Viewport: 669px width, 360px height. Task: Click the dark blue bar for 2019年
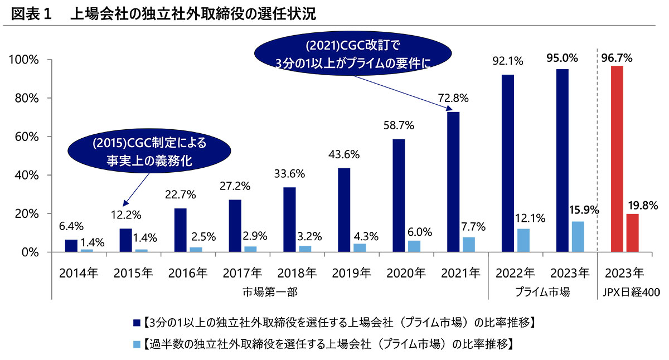coord(344,210)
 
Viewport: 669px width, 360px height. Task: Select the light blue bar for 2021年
coord(469,245)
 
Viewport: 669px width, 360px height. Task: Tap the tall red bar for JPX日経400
coord(617,159)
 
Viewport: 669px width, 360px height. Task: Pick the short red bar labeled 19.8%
coord(632,233)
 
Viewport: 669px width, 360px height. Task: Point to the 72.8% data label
coord(454,98)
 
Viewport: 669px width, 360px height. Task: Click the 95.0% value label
coord(563,58)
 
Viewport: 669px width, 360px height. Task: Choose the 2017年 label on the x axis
coord(242,273)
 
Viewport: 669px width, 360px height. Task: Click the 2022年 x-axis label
coord(515,273)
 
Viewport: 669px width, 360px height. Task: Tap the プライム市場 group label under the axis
coord(542,292)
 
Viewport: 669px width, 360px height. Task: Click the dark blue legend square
coord(137,322)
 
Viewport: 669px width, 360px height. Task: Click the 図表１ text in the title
coord(31,14)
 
